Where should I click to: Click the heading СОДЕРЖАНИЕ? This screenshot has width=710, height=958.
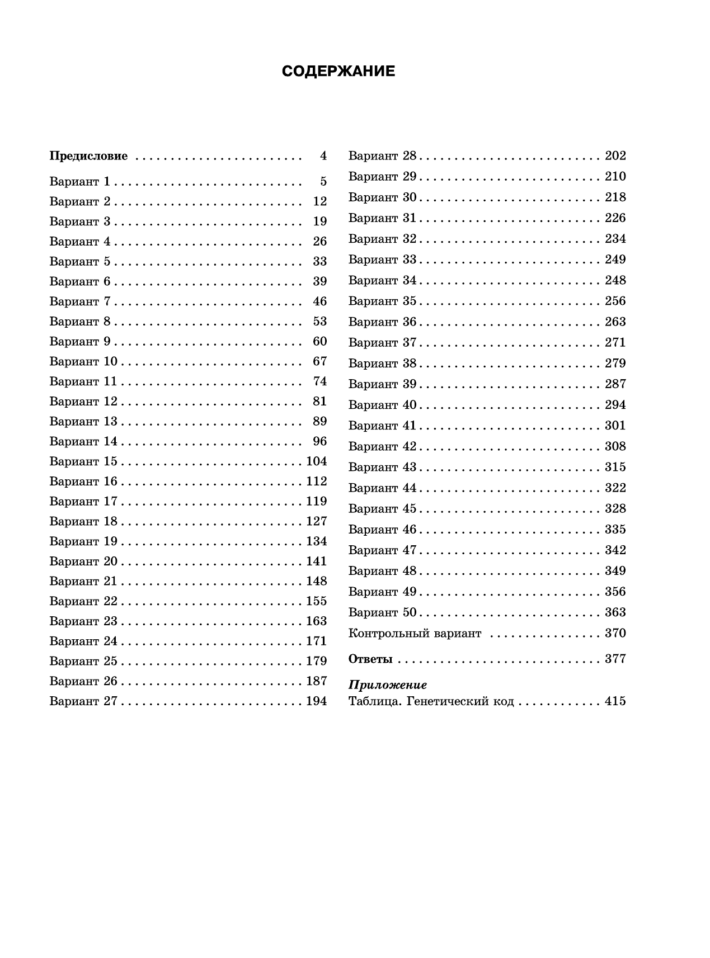(338, 72)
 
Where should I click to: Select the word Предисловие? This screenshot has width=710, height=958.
(88, 156)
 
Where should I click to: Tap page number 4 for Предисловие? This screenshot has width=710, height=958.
(323, 156)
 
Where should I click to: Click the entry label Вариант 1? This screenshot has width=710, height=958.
(80, 181)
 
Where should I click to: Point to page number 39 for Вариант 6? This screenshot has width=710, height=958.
(319, 281)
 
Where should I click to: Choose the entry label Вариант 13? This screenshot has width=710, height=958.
(83, 421)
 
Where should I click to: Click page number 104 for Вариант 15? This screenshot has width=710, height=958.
(316, 461)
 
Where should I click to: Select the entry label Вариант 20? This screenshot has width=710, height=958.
(83, 561)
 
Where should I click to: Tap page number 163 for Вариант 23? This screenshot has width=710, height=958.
(316, 621)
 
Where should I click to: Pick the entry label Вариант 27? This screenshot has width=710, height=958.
(83, 701)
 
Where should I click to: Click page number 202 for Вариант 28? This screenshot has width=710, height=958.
(615, 155)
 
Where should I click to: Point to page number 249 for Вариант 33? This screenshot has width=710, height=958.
(615, 259)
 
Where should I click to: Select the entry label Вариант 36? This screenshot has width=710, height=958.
(383, 322)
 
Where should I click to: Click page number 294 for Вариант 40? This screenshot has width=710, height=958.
(615, 405)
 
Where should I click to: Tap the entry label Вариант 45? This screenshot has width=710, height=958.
(383, 508)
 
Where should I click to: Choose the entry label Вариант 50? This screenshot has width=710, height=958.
(383, 612)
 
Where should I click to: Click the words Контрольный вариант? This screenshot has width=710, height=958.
(415, 633)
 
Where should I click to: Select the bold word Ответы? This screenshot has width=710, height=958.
(370, 659)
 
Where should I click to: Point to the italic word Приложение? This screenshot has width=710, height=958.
(388, 685)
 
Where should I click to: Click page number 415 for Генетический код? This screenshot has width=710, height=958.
(615, 701)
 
